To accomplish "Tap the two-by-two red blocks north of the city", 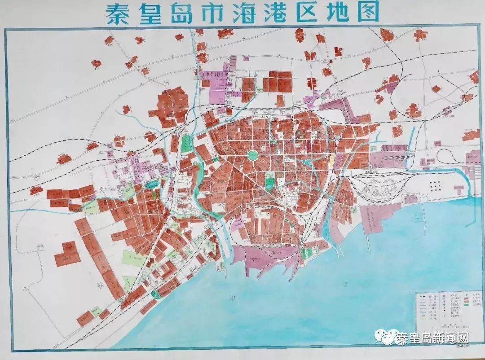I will pyautogui.click(x=278, y=81).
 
